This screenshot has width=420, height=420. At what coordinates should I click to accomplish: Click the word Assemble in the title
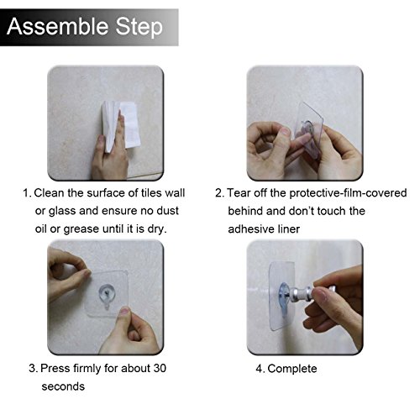(x=58, y=26)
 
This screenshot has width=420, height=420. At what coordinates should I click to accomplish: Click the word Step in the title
(x=139, y=28)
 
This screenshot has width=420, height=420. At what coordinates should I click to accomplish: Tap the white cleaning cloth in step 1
(x=121, y=125)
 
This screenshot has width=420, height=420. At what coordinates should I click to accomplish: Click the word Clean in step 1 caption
(x=49, y=193)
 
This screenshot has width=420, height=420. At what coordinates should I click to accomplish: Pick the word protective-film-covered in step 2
(x=348, y=193)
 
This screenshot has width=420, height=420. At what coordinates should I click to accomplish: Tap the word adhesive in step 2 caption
(x=251, y=229)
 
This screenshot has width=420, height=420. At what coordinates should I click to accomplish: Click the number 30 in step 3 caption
(x=160, y=368)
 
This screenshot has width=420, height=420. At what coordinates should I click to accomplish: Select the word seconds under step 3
(x=63, y=386)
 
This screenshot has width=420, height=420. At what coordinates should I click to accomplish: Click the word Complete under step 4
(x=292, y=369)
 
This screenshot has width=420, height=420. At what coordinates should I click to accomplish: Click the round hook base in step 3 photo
(x=107, y=293)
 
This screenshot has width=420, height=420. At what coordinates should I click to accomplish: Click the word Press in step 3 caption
(x=55, y=368)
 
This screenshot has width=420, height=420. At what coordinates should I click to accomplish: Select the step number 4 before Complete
(x=259, y=369)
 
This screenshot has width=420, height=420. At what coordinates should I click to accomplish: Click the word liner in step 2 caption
(x=289, y=229)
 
